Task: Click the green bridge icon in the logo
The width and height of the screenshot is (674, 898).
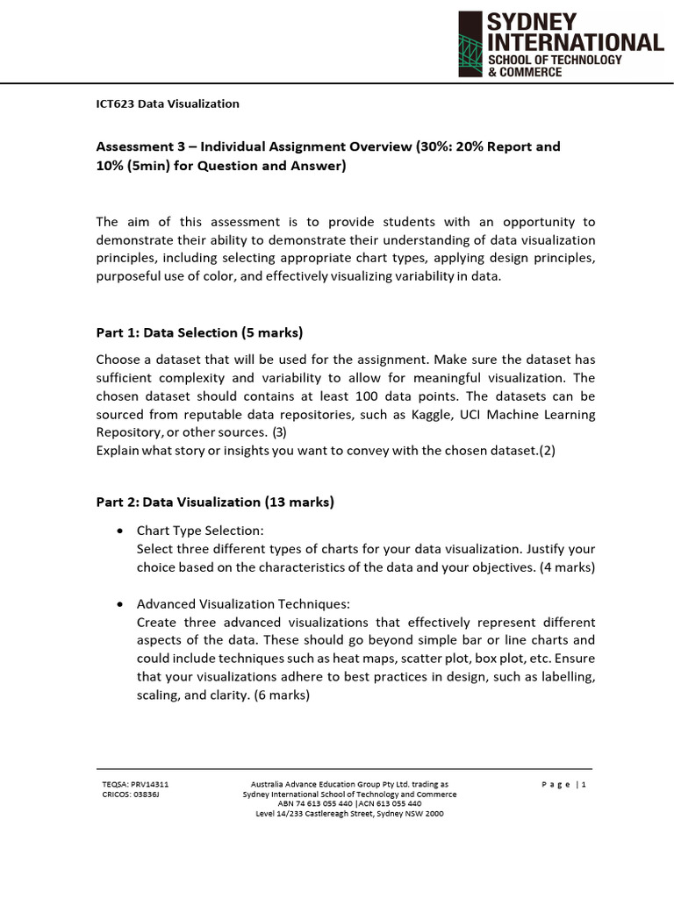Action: click(471, 45)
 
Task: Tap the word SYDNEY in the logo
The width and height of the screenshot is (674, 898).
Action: click(532, 22)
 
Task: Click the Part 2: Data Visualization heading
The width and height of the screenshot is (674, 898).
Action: click(214, 502)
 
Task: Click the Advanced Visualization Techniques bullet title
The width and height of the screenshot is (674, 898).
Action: click(243, 604)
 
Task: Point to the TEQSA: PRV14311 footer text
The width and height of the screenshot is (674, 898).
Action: click(135, 784)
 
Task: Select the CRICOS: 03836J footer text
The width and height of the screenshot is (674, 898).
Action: click(131, 795)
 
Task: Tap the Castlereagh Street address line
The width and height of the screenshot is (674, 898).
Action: click(349, 813)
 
